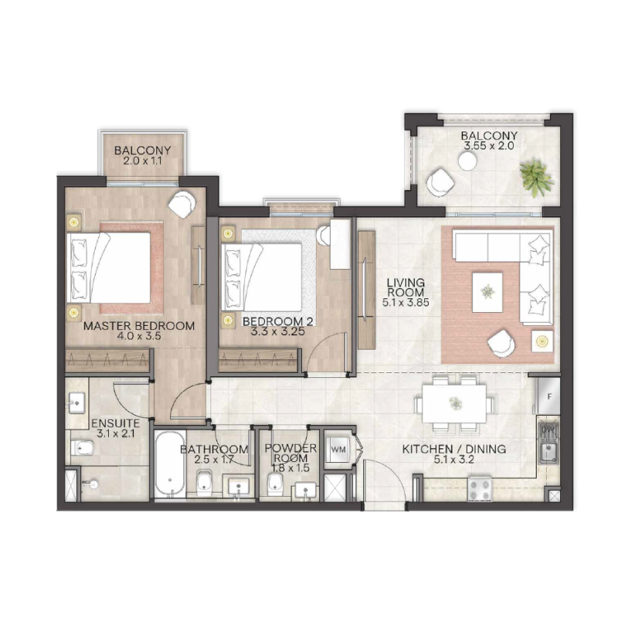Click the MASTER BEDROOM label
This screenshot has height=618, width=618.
pos(139,326)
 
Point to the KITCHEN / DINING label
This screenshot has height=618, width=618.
pos(453,449)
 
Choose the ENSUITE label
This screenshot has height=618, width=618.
pos(115,424)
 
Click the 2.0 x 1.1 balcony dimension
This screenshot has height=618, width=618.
pos(142,163)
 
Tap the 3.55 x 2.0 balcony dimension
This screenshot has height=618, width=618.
pos(490,144)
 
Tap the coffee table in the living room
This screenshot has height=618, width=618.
pos(487,291)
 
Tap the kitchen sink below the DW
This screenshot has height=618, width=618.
pos(549,452)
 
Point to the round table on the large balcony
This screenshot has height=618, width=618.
pos(467,161)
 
